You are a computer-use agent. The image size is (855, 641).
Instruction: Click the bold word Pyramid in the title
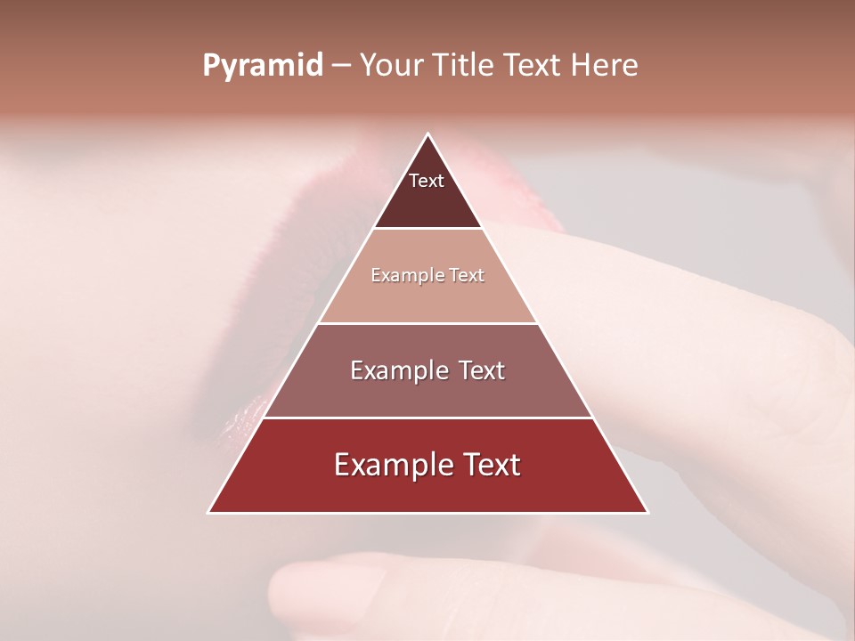262,66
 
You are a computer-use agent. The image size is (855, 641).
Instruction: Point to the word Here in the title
604,66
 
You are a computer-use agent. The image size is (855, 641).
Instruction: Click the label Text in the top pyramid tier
427,181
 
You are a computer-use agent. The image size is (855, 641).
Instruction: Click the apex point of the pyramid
427,135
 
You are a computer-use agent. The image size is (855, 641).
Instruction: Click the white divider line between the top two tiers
427,229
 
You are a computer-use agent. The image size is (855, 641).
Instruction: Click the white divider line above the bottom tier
427,418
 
